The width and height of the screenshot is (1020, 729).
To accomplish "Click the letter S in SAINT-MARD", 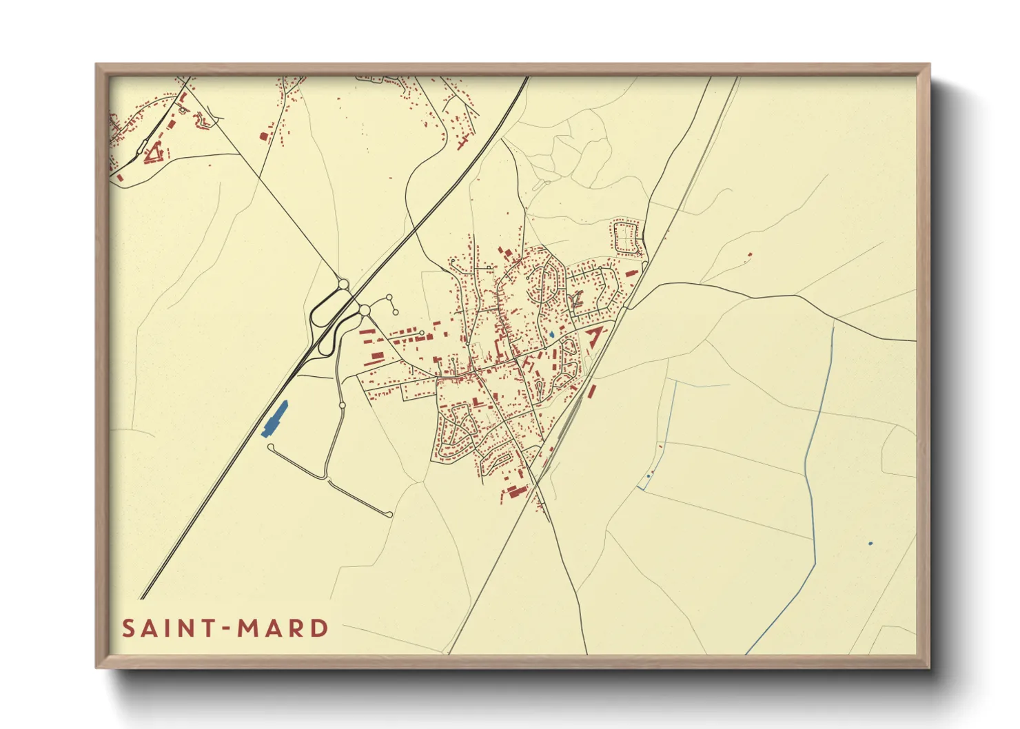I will tap(128, 628).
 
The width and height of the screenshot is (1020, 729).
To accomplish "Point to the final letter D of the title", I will tap(319, 628).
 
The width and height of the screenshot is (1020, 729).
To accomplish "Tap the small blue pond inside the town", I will tap(551, 336).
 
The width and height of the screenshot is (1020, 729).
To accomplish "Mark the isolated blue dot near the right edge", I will tap(870, 544).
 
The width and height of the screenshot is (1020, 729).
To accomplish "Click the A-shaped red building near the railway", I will tap(594, 336).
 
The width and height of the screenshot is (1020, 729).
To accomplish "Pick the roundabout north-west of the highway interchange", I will tap(343, 284).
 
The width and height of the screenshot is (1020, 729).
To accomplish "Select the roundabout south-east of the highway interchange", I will tap(364, 311).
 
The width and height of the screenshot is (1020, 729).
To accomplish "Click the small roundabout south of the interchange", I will tap(341, 406).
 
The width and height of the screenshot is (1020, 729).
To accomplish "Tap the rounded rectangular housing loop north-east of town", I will tap(626, 237).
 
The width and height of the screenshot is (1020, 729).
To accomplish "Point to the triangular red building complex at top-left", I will tap(155, 152).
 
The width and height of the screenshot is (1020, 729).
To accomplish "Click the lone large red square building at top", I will tap(263, 136).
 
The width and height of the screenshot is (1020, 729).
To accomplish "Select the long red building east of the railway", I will tap(591, 391).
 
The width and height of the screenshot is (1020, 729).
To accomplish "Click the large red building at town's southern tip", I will tap(516, 491).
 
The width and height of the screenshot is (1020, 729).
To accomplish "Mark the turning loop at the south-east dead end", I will tap(389, 515).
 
